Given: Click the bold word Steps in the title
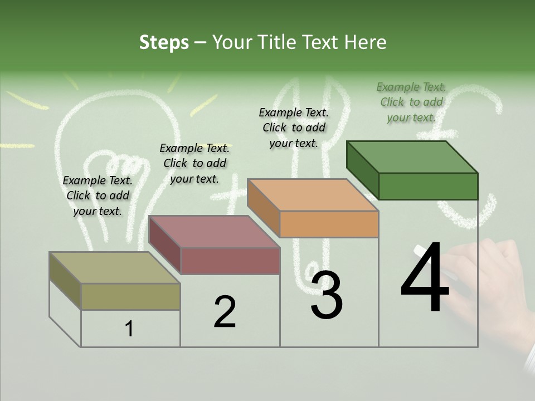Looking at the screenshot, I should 164,42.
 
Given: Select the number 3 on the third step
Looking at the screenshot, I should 327,295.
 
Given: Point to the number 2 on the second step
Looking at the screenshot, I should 225,312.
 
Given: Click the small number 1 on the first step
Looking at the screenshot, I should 129,329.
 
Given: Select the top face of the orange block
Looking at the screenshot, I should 313,195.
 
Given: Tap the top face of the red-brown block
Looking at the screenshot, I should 214,232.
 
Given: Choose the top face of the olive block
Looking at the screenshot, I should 115,268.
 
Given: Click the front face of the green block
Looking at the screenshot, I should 428,186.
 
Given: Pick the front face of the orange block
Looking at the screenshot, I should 329,224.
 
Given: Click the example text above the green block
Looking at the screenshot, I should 411,102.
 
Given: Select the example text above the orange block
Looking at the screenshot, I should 294,128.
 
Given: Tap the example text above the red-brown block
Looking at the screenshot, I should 194,163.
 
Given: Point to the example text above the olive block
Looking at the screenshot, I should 98,195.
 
